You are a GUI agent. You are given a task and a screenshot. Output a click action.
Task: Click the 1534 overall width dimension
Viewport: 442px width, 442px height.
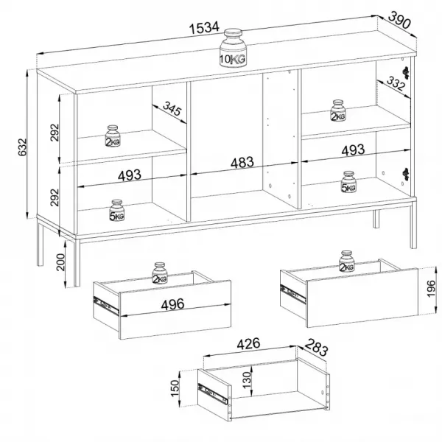tap(204, 28)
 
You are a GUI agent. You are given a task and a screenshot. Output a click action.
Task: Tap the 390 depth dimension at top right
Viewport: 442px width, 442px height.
tap(399, 20)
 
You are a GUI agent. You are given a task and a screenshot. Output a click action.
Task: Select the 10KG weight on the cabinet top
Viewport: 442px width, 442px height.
tap(233, 48)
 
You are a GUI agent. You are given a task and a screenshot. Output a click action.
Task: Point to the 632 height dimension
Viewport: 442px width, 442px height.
tap(22, 147)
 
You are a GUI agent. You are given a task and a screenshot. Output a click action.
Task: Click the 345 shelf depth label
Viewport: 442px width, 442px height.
tap(172, 108)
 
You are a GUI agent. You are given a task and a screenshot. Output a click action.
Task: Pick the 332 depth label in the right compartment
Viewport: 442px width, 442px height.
tap(396, 83)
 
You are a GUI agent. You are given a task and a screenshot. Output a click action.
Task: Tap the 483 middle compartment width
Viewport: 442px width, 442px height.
tap(242, 163)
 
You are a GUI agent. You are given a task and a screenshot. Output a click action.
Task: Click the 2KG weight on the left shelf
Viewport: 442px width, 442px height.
tap(113, 136)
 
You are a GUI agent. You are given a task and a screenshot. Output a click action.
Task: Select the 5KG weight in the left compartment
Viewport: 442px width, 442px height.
tap(116, 210)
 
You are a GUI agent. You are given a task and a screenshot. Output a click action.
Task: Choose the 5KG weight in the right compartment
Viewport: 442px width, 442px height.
tap(348, 182)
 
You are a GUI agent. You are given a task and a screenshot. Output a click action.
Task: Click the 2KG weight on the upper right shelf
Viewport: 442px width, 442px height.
tap(337, 110)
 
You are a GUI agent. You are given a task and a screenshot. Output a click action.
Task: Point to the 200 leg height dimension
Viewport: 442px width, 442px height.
tap(60, 262)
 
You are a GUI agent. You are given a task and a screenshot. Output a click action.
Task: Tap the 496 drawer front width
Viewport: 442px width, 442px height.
tap(172, 304)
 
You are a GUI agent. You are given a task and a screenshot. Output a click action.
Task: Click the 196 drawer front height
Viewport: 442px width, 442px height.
tap(431, 288)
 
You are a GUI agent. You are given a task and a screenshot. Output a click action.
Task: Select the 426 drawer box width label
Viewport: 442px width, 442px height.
tap(248, 344)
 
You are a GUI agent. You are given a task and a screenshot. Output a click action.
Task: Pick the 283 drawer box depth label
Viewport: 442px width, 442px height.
tap(317, 347)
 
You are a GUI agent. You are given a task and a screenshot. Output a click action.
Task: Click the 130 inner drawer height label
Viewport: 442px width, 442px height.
tap(247, 380)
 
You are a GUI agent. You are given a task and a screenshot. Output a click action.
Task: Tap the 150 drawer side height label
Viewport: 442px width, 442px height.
tap(175, 388)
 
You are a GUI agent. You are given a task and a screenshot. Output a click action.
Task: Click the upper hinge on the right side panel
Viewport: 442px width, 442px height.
tap(406, 72)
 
